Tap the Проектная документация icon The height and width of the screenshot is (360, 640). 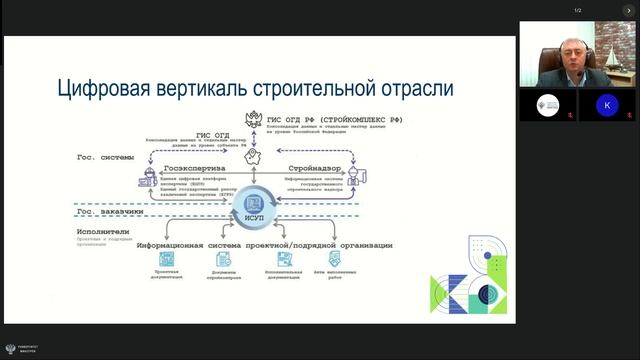166,260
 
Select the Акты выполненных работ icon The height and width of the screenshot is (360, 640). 343,260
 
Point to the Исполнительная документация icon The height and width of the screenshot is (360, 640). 284,260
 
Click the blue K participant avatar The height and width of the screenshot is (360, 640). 606,105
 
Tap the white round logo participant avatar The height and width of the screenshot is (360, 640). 547,104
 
